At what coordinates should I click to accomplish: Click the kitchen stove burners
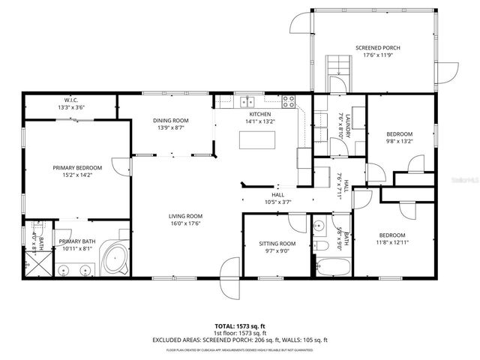click(288, 101)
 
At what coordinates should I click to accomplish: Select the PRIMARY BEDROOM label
click(72, 168)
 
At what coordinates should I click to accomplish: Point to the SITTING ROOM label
click(277, 244)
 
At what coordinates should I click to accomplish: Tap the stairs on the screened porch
click(337, 67)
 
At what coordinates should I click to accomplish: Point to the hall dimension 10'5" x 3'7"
click(277, 202)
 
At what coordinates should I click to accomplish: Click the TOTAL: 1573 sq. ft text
click(239, 326)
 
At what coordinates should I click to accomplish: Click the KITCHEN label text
click(260, 114)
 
